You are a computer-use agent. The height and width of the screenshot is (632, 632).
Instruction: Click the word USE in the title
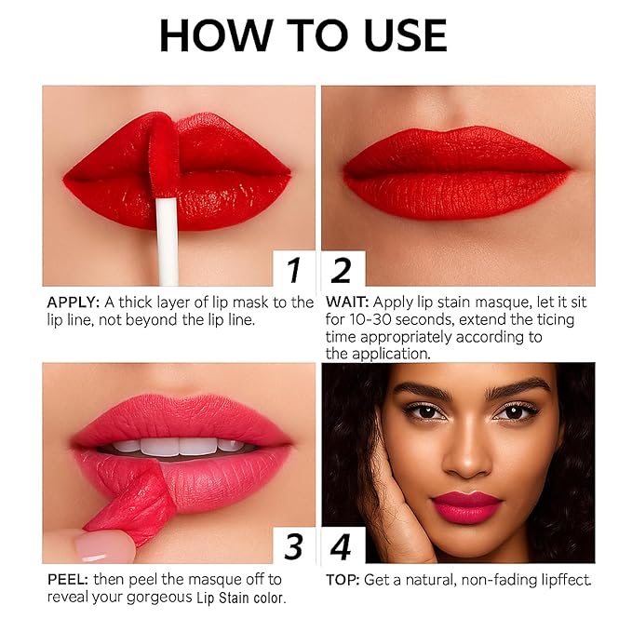400,35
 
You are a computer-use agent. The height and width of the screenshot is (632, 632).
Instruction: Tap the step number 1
294,270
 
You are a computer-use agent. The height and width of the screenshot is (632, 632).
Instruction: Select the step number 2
342,270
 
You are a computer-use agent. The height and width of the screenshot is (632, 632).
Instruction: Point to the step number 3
294,546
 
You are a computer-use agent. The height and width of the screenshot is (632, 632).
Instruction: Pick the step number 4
342,546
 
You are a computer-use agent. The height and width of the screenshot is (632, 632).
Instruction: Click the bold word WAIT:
346,303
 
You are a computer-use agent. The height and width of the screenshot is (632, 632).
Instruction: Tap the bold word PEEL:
68,579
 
